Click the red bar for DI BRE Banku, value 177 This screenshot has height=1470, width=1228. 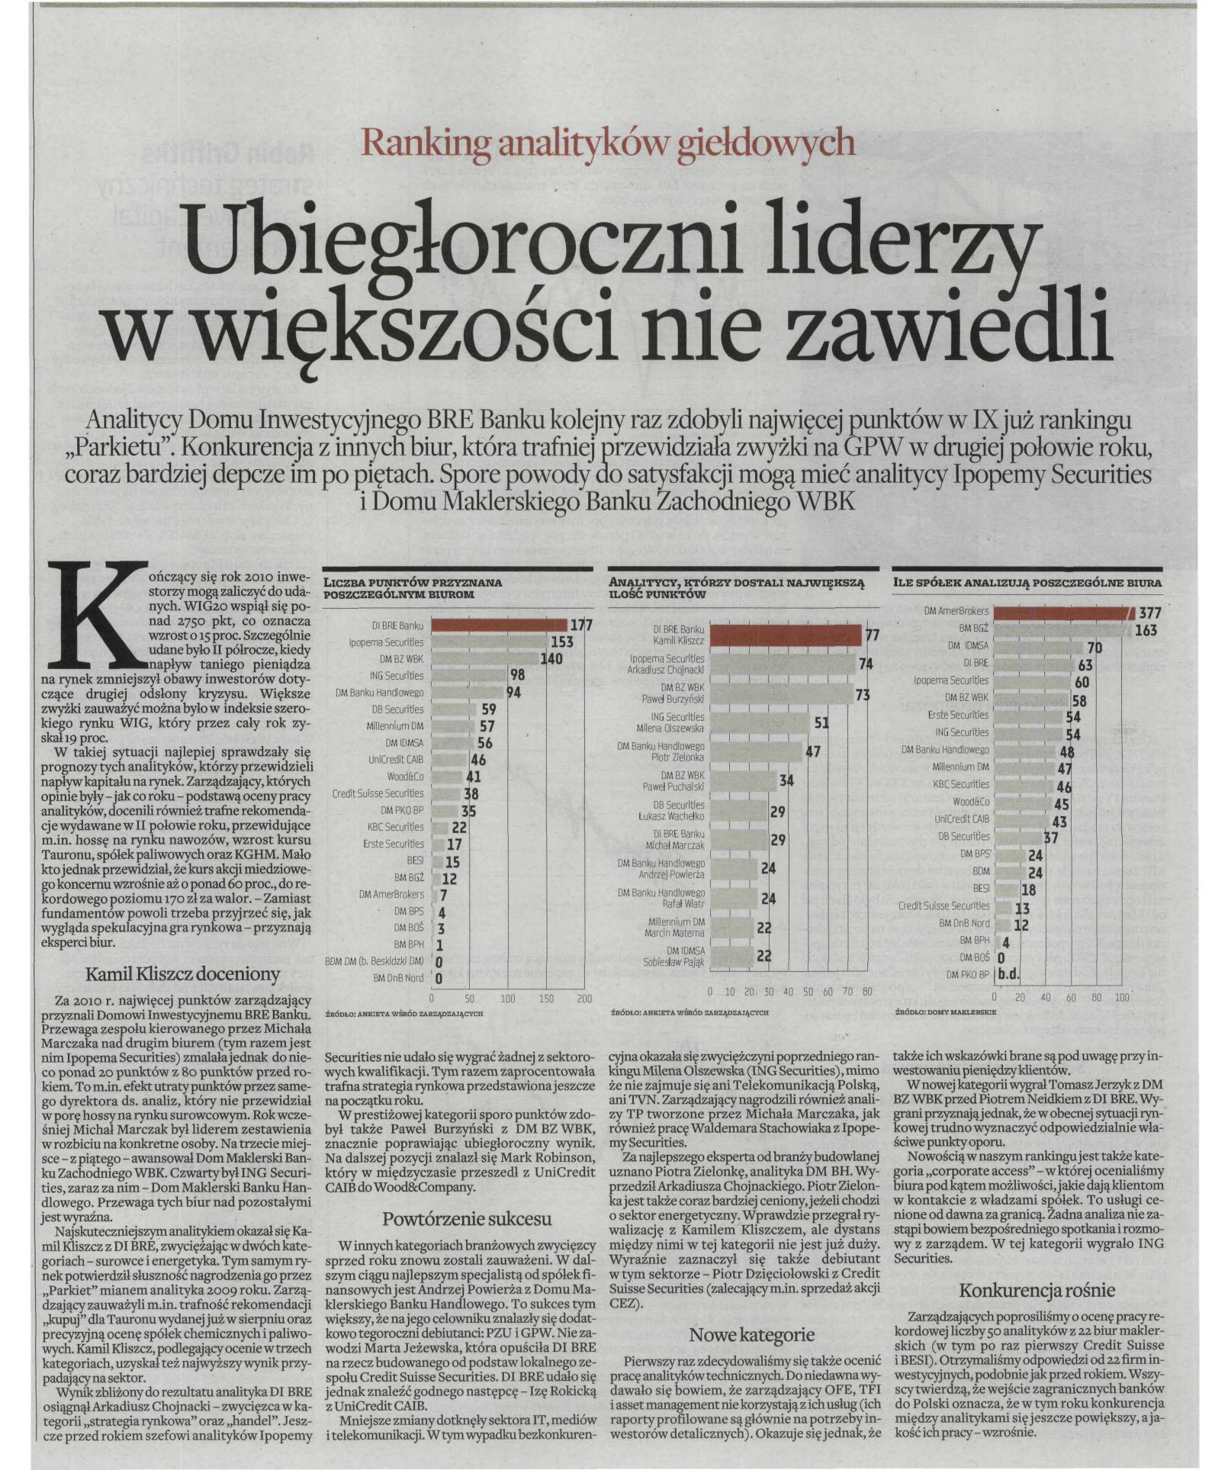click(499, 626)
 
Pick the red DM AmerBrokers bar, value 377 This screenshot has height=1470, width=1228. click(1063, 613)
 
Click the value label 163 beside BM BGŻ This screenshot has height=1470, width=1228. click(1146, 630)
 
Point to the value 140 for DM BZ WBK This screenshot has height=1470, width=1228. click(551, 659)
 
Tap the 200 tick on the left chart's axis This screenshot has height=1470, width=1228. click(584, 998)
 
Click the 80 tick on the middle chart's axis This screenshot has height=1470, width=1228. click(866, 991)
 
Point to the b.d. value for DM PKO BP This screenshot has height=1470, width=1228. click(1009, 974)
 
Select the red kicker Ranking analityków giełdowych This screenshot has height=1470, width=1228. click(608, 143)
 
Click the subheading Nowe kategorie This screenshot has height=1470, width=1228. click(752, 1334)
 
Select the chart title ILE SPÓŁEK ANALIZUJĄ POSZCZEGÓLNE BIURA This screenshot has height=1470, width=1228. click(1027, 582)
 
